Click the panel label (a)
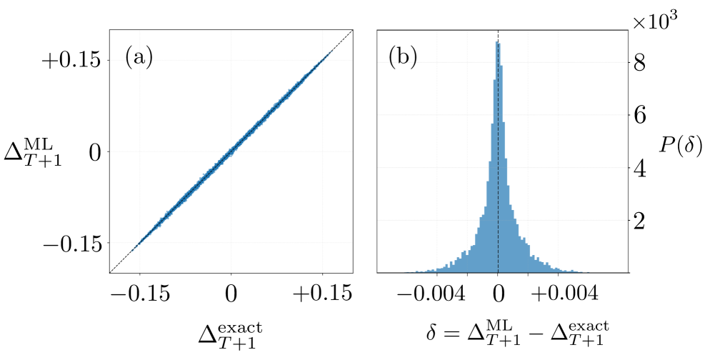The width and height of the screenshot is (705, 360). coord(139,56)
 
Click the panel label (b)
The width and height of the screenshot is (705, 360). coord(403,56)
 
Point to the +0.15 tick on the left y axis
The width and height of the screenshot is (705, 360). coord(71,61)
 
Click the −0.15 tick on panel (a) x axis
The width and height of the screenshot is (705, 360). coord(139,294)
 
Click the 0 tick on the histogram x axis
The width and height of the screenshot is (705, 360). coord(498,294)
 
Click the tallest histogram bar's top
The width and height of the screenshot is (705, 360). coord(496,42)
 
